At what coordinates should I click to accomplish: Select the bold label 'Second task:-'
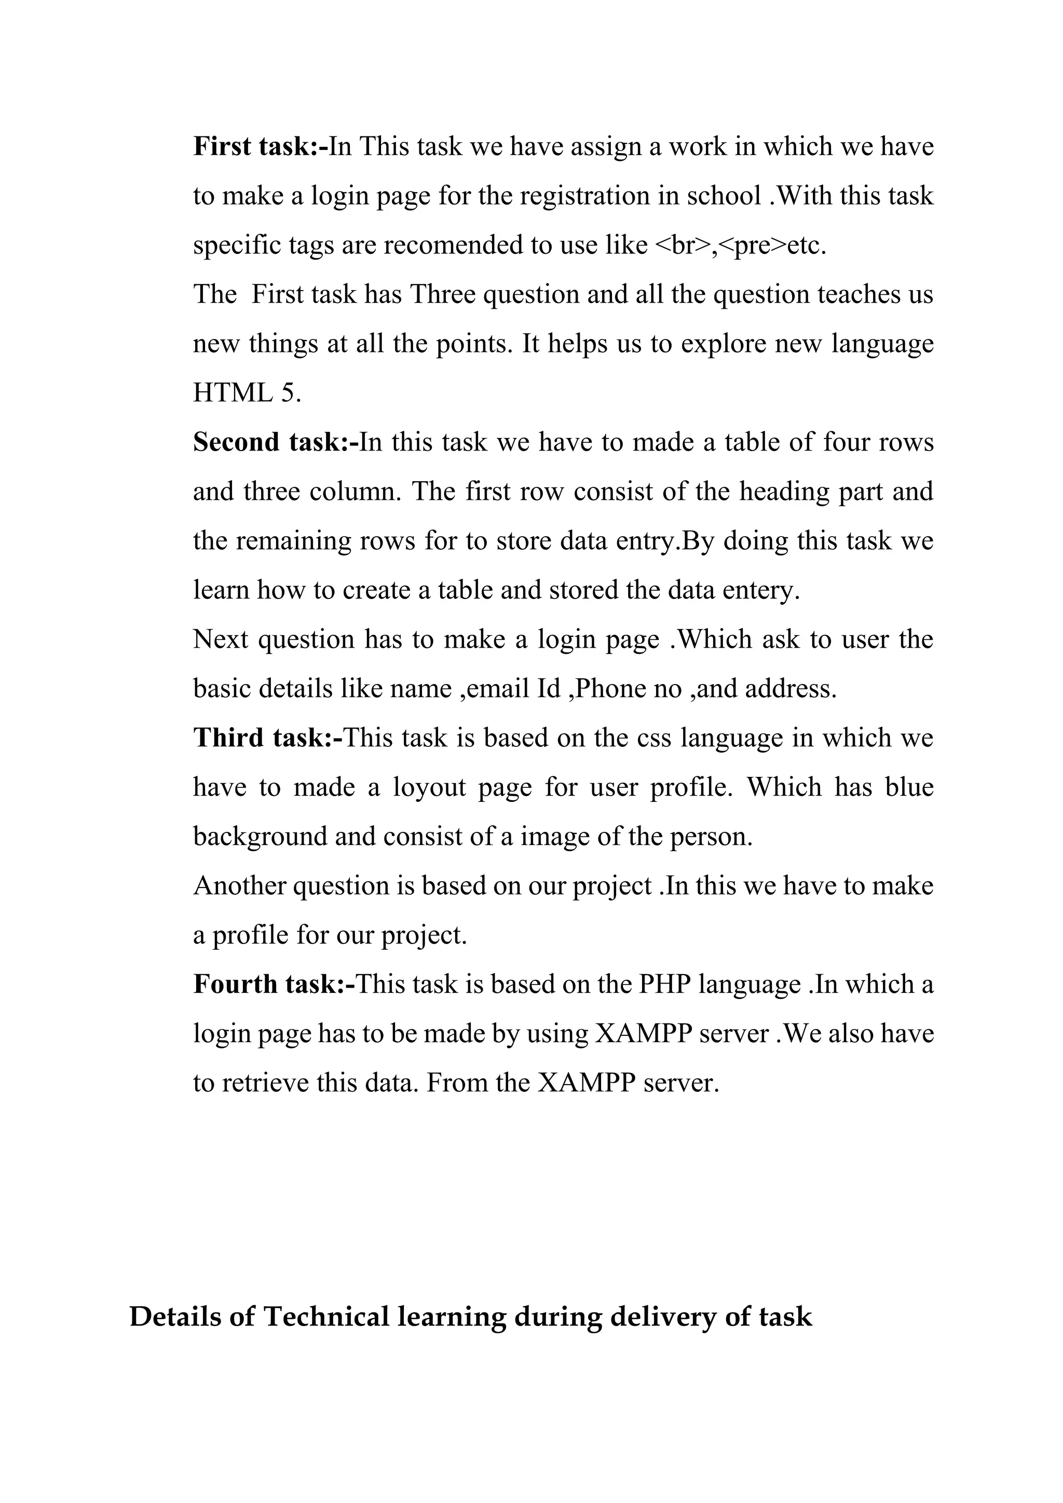(276, 443)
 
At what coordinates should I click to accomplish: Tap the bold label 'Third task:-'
(268, 738)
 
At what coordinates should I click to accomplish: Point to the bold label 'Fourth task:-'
(274, 984)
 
